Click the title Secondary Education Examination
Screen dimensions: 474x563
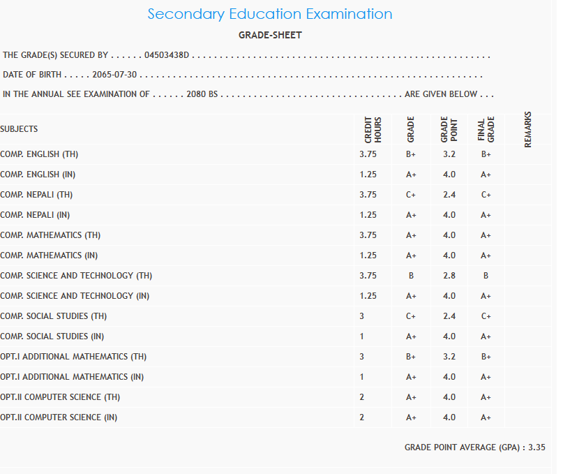pos(270,14)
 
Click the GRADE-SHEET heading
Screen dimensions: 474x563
pos(270,35)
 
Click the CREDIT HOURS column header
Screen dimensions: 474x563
pos(373,130)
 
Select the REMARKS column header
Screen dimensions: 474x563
pos(527,129)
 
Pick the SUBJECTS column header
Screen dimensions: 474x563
pos(19,129)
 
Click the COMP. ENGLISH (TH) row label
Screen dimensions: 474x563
pos(40,154)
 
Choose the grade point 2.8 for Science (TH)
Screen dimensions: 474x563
pos(449,276)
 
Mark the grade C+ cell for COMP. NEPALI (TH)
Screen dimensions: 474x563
pos(411,195)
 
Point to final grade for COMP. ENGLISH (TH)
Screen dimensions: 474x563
pos(486,154)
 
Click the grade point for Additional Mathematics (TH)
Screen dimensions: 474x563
pos(449,357)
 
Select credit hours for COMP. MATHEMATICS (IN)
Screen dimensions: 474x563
pos(368,255)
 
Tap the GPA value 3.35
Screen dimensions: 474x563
pos(536,447)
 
